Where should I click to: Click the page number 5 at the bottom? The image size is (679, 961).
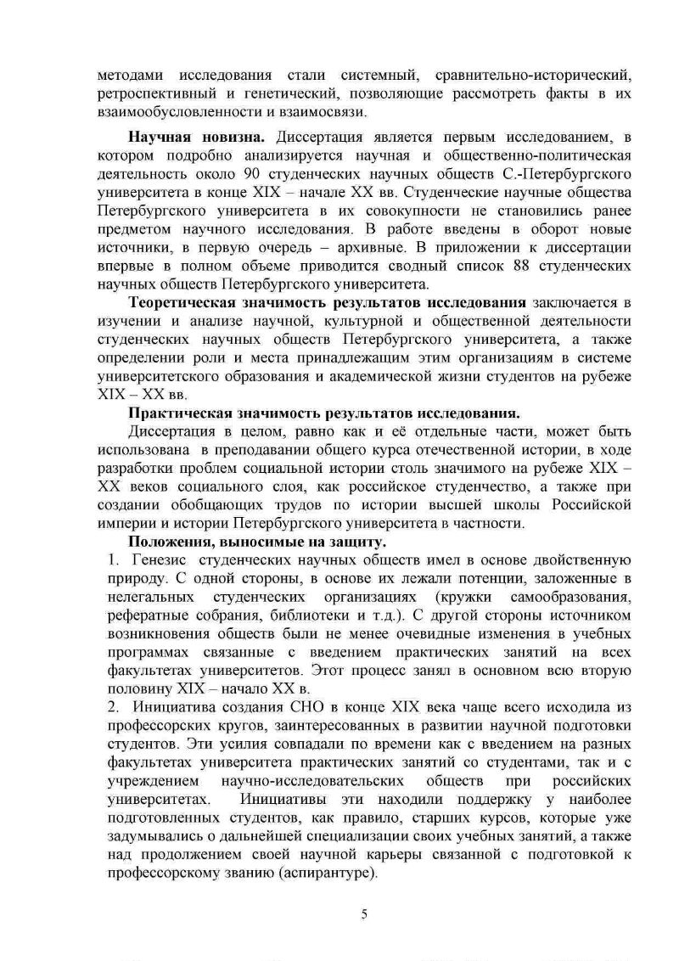364,913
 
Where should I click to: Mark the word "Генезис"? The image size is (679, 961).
160,560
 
